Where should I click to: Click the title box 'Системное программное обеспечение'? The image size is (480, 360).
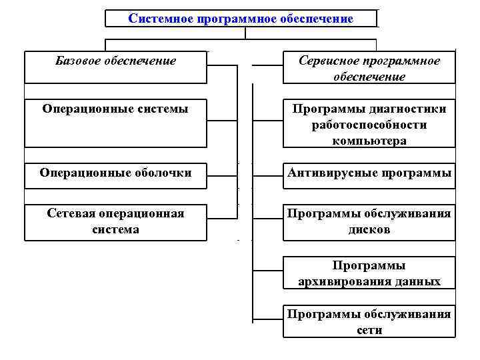pyautogui.click(x=241, y=18)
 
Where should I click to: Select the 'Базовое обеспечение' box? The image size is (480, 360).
pyautogui.click(x=115, y=67)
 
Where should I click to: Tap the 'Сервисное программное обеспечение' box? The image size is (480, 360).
pyautogui.click(x=369, y=69)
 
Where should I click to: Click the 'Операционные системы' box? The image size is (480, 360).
pyautogui.click(x=115, y=123)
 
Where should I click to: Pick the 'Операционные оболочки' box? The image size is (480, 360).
pyautogui.click(x=115, y=173)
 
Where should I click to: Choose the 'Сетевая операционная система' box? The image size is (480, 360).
pyautogui.click(x=115, y=221)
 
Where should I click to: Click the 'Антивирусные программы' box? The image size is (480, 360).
pyautogui.click(x=369, y=173)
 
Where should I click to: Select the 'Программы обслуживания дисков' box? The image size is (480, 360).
pyautogui.click(x=369, y=221)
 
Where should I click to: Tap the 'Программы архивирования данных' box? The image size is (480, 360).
pyautogui.click(x=369, y=273)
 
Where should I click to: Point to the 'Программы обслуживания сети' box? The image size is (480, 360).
pyautogui.click(x=369, y=321)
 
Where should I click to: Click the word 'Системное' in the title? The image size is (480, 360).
pyautogui.click(x=158, y=19)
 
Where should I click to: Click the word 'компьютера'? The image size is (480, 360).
pyautogui.click(x=369, y=141)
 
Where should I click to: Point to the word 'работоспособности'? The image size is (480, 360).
pyautogui.click(x=369, y=125)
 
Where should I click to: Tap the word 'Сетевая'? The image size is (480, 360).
pyautogui.click(x=71, y=213)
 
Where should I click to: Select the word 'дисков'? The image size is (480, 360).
pyautogui.click(x=369, y=229)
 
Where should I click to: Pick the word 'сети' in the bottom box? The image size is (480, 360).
pyautogui.click(x=369, y=329)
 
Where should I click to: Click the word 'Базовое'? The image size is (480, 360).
pyautogui.click(x=79, y=61)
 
